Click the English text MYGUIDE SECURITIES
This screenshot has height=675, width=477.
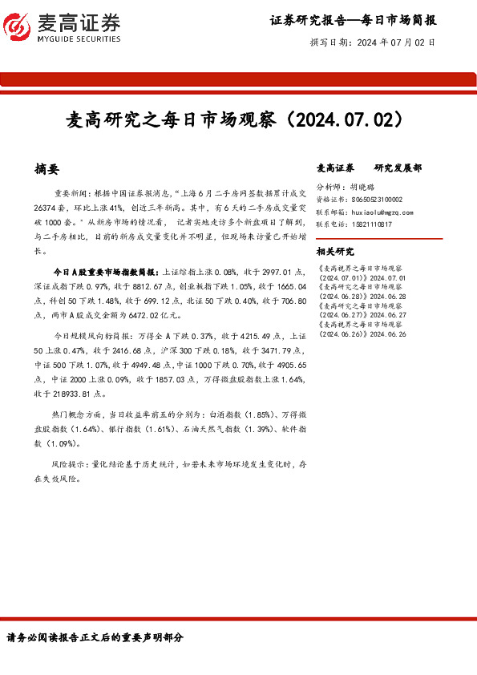click(x=79, y=38)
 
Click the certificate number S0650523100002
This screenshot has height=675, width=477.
click(x=377, y=199)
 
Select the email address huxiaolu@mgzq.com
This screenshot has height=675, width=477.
click(x=382, y=212)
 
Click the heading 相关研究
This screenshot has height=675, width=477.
click(x=334, y=251)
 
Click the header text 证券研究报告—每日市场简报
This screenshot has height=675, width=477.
click(x=353, y=20)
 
